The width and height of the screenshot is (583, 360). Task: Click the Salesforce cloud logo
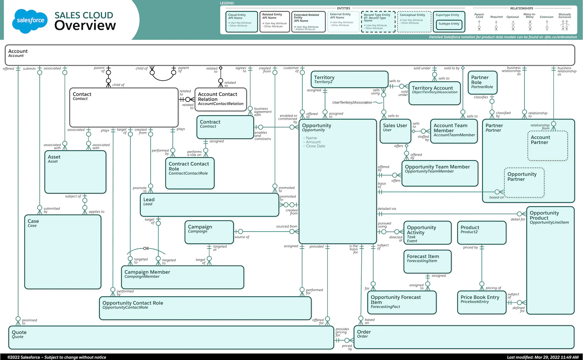click(x=30, y=21)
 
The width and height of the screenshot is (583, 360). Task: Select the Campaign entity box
click(x=209, y=232)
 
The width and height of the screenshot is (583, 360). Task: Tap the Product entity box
click(x=482, y=232)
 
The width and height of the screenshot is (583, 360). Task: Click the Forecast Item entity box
click(x=427, y=261)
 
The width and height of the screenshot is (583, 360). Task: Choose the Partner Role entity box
click(x=482, y=82)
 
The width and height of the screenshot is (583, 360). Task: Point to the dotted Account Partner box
click(x=547, y=146)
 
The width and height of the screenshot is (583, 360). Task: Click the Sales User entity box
click(x=395, y=133)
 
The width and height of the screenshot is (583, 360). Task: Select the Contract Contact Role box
click(x=190, y=173)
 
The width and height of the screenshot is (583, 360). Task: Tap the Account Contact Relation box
click(x=221, y=99)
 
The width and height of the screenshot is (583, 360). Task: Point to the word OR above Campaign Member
click(x=146, y=248)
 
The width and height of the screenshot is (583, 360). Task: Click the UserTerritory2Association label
click(x=352, y=103)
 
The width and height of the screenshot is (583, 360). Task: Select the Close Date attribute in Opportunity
click(x=315, y=146)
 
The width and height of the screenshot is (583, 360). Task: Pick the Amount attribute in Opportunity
click(x=313, y=142)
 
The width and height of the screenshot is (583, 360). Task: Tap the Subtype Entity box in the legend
click(x=449, y=24)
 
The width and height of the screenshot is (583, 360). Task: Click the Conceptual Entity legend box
click(x=414, y=22)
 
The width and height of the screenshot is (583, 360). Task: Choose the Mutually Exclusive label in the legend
click(x=565, y=16)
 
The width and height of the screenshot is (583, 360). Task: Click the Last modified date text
click(x=542, y=357)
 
